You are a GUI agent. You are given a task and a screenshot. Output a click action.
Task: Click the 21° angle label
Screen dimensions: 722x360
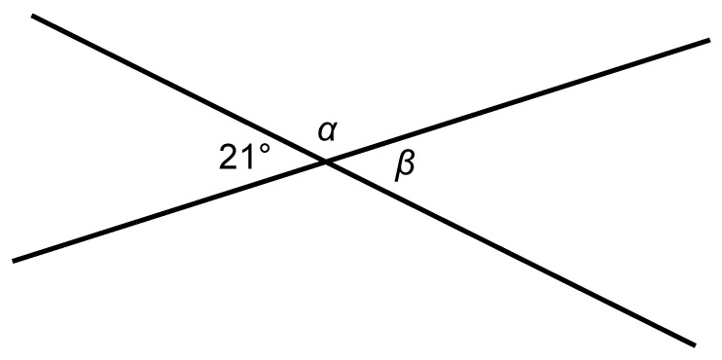(244, 157)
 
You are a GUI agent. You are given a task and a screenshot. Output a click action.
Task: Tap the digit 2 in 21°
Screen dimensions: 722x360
(228, 157)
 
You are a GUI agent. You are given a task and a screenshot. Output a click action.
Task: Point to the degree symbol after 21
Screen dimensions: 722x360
(265, 149)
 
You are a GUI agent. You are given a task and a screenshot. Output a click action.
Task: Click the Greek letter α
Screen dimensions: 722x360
(326, 132)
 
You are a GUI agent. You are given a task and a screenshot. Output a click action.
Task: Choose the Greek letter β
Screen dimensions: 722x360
(405, 166)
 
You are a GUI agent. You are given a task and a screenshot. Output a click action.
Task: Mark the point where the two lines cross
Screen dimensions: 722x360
(326, 162)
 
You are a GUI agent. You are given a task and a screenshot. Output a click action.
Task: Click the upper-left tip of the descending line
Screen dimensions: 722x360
(32, 17)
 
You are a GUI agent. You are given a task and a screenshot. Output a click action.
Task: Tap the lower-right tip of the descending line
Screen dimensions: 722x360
(695, 344)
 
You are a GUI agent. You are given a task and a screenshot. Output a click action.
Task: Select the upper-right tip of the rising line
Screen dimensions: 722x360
(709, 41)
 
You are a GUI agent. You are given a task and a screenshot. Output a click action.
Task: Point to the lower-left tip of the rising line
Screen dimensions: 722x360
(13, 261)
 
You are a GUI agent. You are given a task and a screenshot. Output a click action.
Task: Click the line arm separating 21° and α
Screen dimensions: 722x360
(179, 89)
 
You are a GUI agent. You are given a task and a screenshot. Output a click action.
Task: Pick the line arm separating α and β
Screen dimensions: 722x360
(518, 101)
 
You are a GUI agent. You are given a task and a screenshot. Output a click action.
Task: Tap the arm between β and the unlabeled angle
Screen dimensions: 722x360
(510, 253)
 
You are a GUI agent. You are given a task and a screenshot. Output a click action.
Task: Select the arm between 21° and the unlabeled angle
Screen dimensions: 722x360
(169, 211)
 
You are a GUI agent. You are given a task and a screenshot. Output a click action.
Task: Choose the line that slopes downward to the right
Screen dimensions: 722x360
(363, 180)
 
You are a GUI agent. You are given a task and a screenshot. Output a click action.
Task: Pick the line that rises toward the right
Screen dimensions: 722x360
(361, 151)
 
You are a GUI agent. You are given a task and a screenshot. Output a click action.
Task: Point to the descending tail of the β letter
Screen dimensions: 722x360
(397, 177)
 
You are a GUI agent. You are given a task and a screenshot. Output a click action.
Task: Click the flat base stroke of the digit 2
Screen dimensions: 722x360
(229, 168)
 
